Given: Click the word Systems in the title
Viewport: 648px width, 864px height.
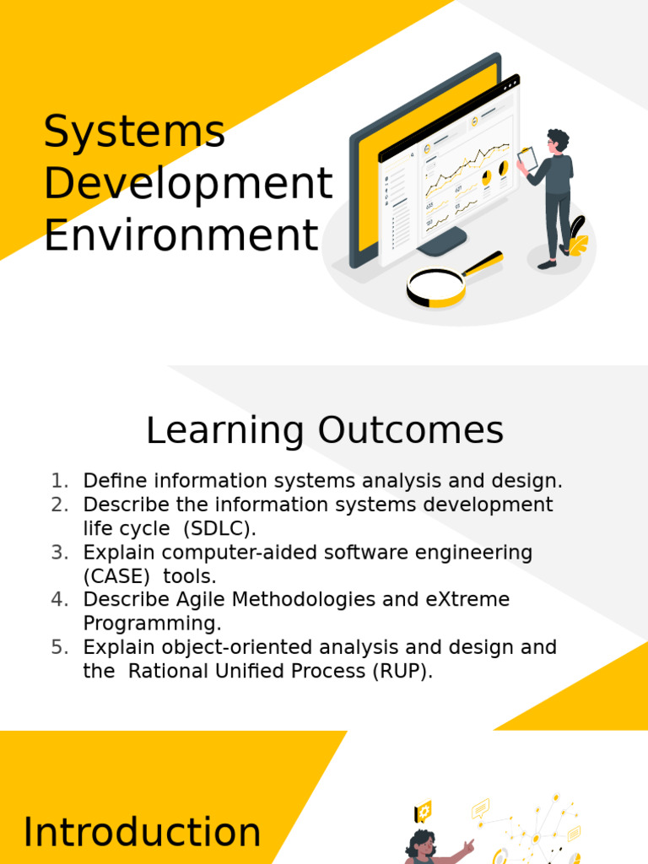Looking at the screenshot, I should point(134,132).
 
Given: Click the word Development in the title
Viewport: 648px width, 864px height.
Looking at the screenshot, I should point(188,183).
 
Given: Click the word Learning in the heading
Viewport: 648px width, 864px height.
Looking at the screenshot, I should point(224,430).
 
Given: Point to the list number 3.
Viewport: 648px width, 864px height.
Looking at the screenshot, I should point(59,553).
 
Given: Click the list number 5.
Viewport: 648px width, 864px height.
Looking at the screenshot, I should point(59,647).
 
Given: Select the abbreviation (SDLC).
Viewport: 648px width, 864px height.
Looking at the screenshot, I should point(219,529).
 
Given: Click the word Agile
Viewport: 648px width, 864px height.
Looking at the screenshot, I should point(200,600).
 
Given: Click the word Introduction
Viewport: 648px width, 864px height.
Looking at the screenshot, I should point(142,833).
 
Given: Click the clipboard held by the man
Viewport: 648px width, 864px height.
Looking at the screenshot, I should point(527,158).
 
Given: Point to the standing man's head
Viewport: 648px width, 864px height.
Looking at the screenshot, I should point(557,140).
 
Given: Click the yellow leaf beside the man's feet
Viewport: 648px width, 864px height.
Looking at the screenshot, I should point(579,246).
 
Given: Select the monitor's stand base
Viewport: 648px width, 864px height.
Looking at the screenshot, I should point(442,242).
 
